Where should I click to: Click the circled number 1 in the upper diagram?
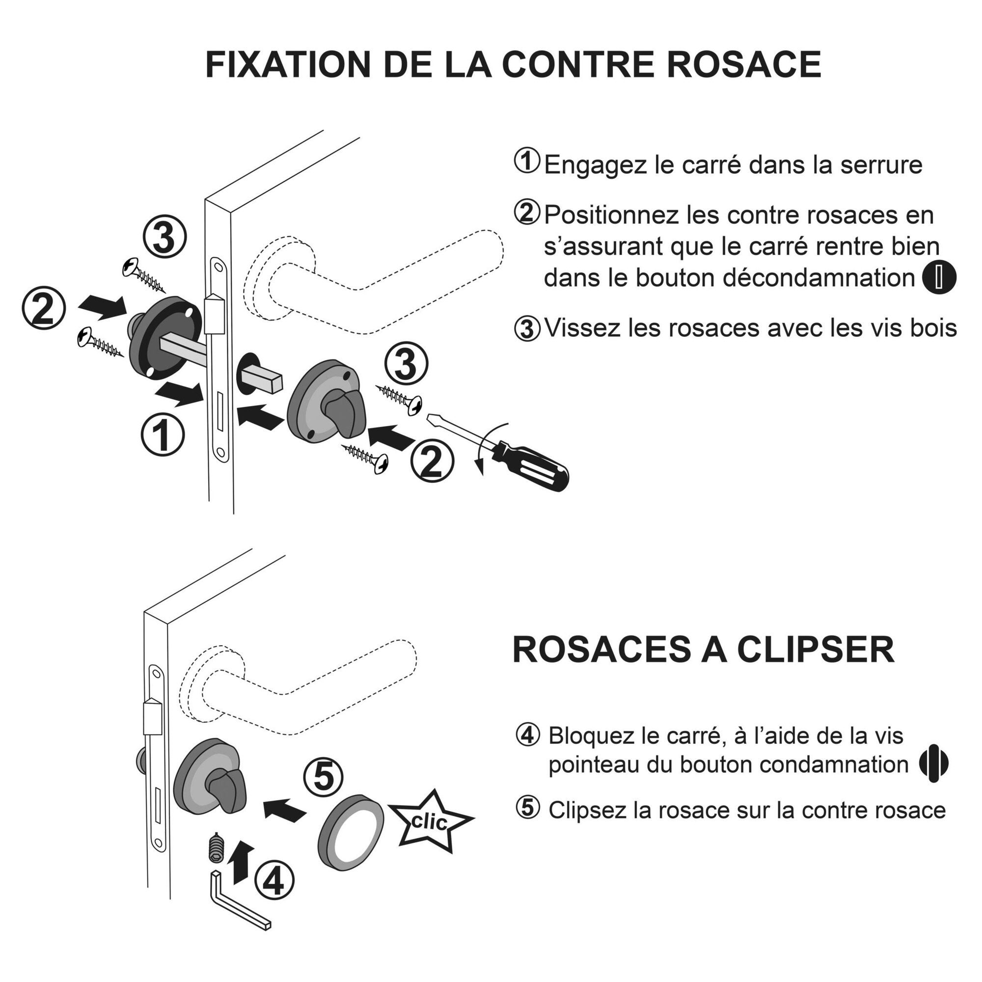coord(163,434)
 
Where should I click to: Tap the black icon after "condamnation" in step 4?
coord(934,764)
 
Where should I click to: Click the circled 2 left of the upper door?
coord(44,308)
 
